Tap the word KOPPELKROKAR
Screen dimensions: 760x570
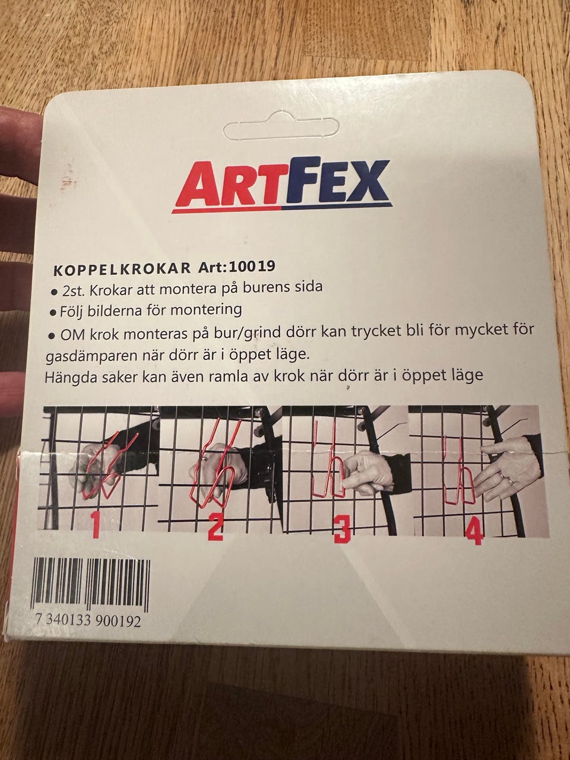(x=122, y=268)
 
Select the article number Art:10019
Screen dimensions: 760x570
(x=237, y=267)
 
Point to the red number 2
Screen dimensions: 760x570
(x=216, y=527)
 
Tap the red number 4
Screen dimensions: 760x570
(x=474, y=531)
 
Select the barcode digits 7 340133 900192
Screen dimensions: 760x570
(x=88, y=622)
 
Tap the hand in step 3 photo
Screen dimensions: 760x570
(x=369, y=472)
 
